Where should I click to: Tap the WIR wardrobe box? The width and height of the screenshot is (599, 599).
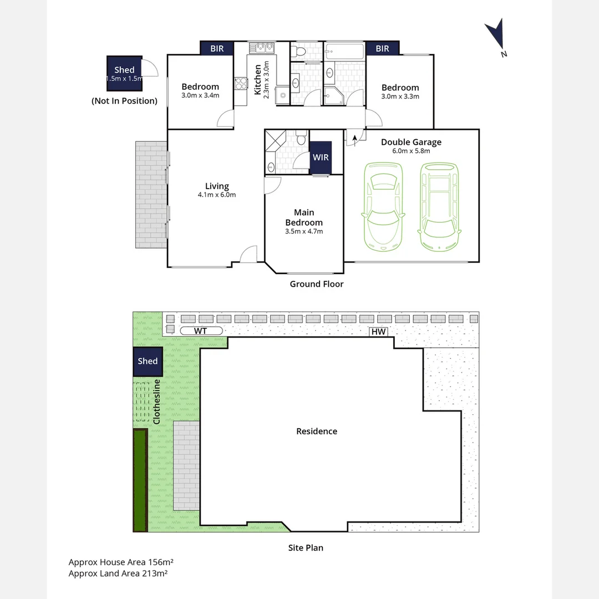321,158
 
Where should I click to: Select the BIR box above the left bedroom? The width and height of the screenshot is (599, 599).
217,49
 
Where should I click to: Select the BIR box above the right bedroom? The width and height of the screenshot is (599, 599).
382,49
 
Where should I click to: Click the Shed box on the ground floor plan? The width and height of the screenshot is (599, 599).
124,74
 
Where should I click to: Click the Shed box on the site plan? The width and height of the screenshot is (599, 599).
148,361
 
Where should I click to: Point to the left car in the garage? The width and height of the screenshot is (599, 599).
382,206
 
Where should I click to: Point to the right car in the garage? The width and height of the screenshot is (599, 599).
439,206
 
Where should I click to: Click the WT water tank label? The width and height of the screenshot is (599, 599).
200,331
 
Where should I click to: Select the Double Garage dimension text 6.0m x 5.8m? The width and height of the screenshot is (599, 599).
411,151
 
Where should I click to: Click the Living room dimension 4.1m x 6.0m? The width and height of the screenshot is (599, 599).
217,195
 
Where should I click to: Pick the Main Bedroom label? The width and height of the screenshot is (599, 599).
304,217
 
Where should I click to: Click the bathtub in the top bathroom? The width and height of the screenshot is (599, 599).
344,53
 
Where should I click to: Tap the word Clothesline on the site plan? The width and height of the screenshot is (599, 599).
156,402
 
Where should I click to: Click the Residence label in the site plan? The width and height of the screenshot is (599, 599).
316,431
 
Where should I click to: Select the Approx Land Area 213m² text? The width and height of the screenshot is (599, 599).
118,573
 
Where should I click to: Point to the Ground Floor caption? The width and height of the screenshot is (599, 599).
316,284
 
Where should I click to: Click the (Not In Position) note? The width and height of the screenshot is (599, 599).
124,101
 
